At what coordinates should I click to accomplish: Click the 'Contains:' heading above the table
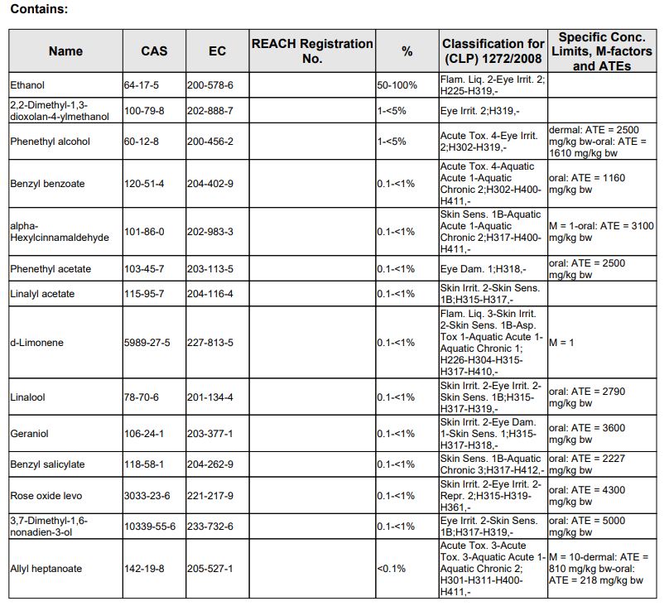39,10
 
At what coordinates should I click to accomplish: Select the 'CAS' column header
154,50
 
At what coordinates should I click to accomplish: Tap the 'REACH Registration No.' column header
311,50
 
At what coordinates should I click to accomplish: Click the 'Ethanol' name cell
27,85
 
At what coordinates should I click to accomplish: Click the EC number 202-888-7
210,110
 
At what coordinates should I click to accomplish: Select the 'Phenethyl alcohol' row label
51,142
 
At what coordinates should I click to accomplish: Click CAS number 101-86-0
146,232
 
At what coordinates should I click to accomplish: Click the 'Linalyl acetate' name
41,294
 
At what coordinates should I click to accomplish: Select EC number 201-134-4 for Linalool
210,397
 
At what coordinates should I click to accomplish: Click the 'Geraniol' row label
28,434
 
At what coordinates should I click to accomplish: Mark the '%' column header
407,50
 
